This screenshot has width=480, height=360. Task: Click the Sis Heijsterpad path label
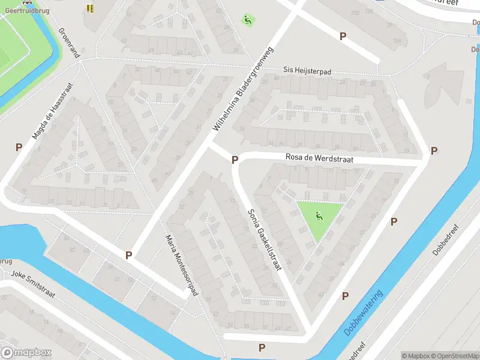tap(307, 71)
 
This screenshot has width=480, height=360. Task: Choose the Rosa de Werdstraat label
tap(319, 159)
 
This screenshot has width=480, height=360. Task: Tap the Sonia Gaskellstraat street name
tap(265, 240)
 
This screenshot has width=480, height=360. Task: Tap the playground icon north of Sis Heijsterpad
tap(247, 20)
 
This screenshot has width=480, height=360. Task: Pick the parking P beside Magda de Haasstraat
tap(19, 147)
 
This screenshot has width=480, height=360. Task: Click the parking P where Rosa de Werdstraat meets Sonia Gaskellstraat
tap(235, 160)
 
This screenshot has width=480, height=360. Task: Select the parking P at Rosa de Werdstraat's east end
tap(434, 151)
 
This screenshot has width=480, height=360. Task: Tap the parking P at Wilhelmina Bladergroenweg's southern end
tap(128, 255)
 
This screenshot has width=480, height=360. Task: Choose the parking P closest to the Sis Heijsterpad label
tap(343, 36)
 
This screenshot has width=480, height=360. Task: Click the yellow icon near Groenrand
tap(90, 8)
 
